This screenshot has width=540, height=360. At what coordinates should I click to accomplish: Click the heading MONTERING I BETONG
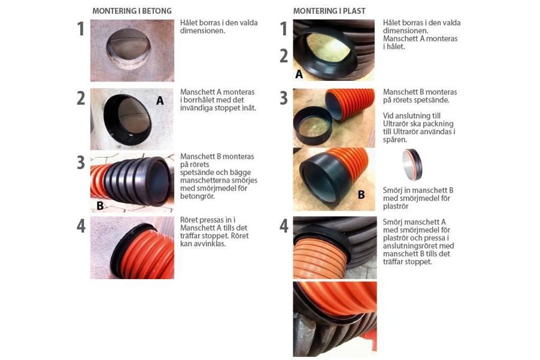(x=132, y=11)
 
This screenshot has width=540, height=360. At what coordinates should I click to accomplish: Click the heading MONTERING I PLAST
(x=329, y=11)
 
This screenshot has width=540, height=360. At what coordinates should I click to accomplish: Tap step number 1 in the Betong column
(x=81, y=29)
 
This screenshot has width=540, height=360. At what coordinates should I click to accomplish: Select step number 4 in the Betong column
(x=81, y=226)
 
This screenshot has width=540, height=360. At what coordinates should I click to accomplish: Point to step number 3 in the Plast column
(x=283, y=98)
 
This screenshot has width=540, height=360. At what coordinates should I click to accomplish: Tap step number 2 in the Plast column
(x=283, y=56)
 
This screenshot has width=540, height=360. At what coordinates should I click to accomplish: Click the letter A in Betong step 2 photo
(x=160, y=101)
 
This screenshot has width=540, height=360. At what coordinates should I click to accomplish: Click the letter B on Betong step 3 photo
(x=100, y=205)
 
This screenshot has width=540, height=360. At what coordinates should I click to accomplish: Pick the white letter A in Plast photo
(x=299, y=74)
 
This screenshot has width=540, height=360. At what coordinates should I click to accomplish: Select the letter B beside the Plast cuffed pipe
(x=361, y=195)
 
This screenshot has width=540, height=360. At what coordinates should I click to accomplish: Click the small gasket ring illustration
(x=412, y=165)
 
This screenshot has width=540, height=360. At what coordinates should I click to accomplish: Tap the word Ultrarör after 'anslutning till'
(x=395, y=123)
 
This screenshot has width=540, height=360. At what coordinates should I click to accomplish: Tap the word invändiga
(x=195, y=108)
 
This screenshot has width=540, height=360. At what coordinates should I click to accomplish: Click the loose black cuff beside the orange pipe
(x=313, y=126)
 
